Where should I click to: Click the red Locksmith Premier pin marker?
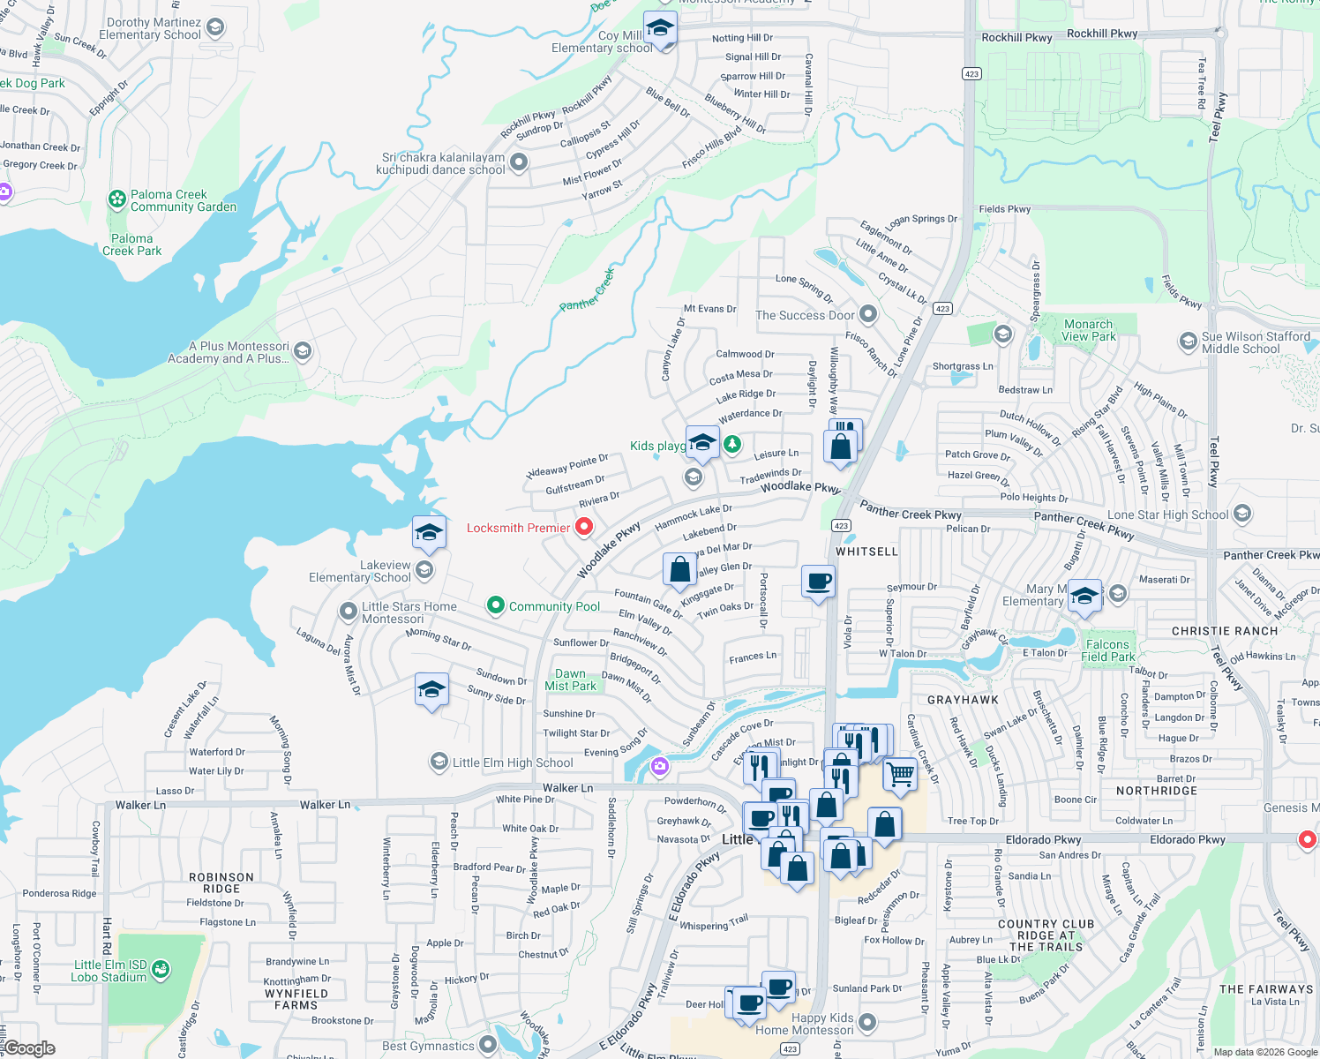tap(584, 527)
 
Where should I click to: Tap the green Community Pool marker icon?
tap(496, 605)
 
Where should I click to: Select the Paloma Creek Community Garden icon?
tap(117, 199)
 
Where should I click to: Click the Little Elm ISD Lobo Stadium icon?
tap(160, 970)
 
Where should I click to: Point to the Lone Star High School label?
tap(1167, 514)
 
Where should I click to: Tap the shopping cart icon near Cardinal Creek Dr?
tap(899, 774)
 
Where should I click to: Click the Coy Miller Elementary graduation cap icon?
tap(660, 28)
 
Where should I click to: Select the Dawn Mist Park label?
tap(570, 680)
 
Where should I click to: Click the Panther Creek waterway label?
tap(587, 290)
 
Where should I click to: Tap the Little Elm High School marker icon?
tap(439, 762)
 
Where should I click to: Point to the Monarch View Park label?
tap(1088, 330)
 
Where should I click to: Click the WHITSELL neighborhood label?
tap(866, 552)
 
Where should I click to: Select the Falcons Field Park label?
tap(1107, 650)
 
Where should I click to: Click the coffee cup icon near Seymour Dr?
tap(819, 581)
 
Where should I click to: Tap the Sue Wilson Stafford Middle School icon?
tap(1188, 341)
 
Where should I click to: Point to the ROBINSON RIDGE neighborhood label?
tap(221, 882)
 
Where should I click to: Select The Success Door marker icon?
tap(868, 314)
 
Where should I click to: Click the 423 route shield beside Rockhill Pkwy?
tap(971, 73)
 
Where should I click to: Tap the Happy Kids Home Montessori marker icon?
tap(867, 1022)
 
